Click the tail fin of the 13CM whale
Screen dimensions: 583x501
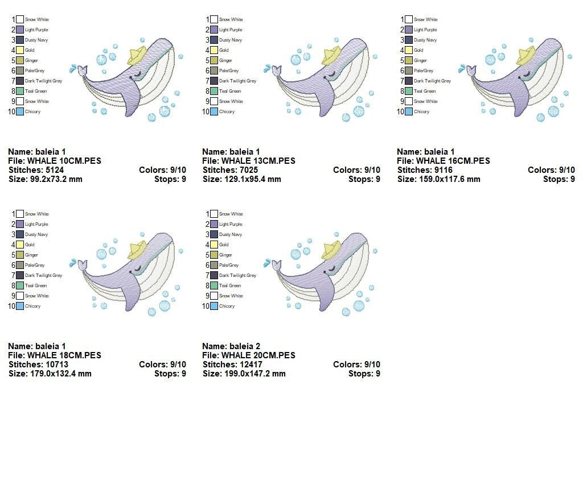[276, 70]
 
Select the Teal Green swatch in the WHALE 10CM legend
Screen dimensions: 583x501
[20, 91]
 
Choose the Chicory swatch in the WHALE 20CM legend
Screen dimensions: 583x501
[214, 306]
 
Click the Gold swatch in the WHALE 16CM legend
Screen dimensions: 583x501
[409, 50]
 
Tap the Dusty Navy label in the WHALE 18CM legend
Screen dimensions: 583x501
[36, 235]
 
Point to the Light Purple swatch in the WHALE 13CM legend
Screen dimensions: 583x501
[214, 30]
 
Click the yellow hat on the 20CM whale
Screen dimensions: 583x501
[331, 250]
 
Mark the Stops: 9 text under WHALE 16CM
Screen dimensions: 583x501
[559, 179]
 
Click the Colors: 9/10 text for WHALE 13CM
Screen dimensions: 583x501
[356, 170]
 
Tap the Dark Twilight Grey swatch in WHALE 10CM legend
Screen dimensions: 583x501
[20, 81]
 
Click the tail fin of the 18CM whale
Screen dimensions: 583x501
[82, 265]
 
